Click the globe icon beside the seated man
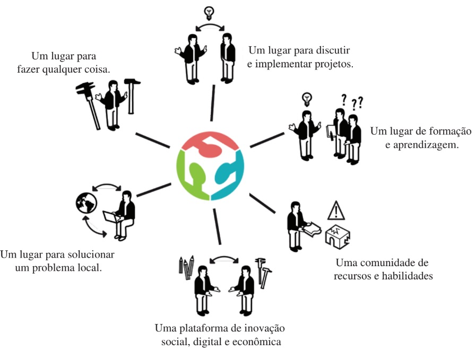click(x=85, y=202)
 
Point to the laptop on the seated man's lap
click(x=111, y=216)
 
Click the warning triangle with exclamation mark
click(x=336, y=211)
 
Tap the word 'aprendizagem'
click(x=428, y=144)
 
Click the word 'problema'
click(x=72, y=267)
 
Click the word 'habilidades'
click(x=405, y=276)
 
